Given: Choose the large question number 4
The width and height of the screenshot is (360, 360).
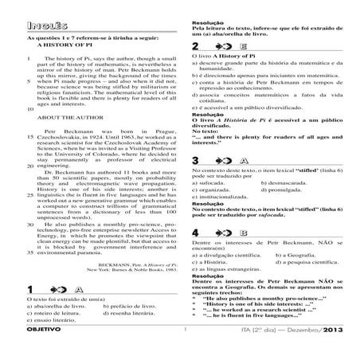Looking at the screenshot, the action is (x=196, y=233).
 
